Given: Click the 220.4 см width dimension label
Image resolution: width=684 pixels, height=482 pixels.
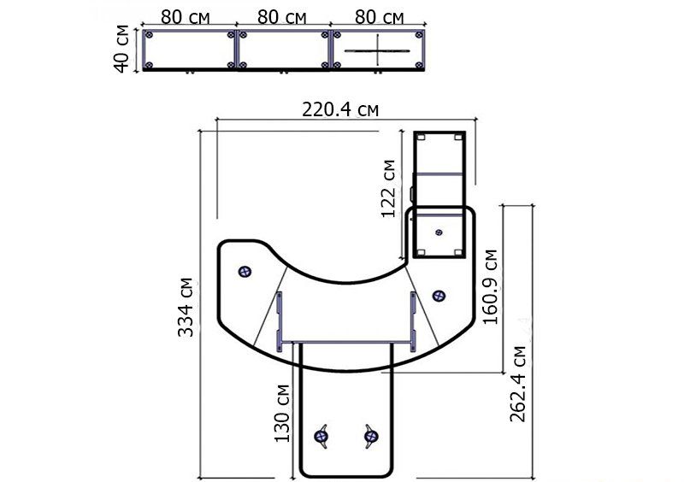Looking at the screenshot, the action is click(x=340, y=109).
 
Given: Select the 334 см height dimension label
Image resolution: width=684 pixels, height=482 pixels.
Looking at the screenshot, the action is click(x=186, y=307).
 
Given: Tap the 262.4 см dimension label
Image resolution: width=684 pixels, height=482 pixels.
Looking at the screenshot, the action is click(x=518, y=385).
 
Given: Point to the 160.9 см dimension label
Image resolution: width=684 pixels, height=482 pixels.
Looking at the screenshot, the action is click(x=491, y=287).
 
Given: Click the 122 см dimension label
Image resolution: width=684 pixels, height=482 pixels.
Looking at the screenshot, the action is click(x=389, y=188).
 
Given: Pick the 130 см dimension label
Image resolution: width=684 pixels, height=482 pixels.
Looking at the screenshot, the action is click(x=282, y=414).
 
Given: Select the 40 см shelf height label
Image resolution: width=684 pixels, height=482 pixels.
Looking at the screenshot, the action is click(x=121, y=49).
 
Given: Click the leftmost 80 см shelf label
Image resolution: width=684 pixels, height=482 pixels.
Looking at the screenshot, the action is click(x=186, y=17).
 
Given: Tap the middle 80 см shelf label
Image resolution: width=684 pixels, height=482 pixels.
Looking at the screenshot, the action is click(x=282, y=17).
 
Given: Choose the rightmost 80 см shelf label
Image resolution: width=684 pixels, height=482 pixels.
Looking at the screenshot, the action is click(x=379, y=17).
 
